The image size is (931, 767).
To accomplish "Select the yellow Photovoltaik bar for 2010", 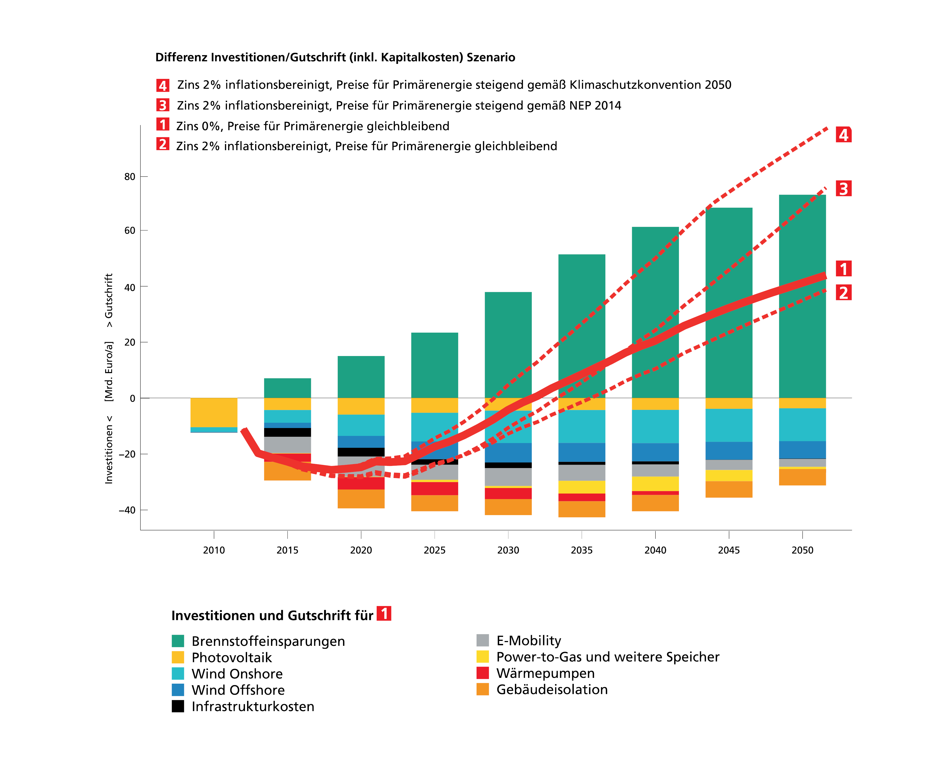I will [x=214, y=413].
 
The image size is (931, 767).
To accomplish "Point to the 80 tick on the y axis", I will [x=130, y=177].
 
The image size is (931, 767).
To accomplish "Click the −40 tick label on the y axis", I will [x=127, y=510].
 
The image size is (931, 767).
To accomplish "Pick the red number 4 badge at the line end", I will [x=843, y=135].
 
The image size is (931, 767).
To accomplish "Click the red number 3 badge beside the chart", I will [x=843, y=189].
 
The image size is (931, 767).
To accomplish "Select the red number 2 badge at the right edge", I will [x=843, y=292].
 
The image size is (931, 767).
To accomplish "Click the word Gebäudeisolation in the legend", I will [x=552, y=690].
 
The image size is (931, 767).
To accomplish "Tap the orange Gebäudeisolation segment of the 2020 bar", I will [x=361, y=499].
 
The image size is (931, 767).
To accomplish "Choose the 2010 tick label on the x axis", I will [x=214, y=550].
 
